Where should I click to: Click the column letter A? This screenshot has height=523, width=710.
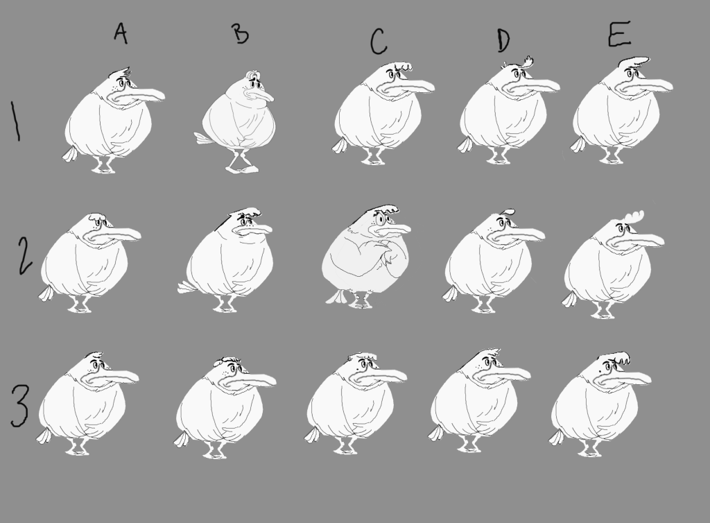pos(121,33)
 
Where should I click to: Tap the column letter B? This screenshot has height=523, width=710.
pos(241,33)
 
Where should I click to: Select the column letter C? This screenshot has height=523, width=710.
pos(379,41)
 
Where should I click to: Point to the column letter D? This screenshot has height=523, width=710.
pos(503,40)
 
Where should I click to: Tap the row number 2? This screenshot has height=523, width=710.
pos(26,256)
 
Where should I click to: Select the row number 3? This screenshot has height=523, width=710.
pos(19,406)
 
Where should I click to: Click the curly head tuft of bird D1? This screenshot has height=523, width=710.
pos(527,61)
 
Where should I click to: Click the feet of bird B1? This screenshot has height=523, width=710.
pos(242,164)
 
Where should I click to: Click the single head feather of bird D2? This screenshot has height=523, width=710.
pos(508,212)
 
